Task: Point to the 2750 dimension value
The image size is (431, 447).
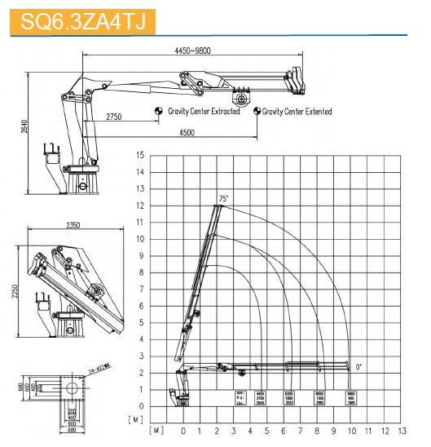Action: click(113, 117)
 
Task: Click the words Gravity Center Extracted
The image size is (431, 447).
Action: click(204, 111)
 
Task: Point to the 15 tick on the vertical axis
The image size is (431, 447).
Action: click(140, 155)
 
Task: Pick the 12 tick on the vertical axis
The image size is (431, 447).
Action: click(140, 206)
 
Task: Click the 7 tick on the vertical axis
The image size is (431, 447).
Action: click(141, 290)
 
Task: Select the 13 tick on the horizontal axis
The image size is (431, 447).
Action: click(402, 430)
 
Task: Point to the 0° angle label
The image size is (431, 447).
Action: click(359, 368)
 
